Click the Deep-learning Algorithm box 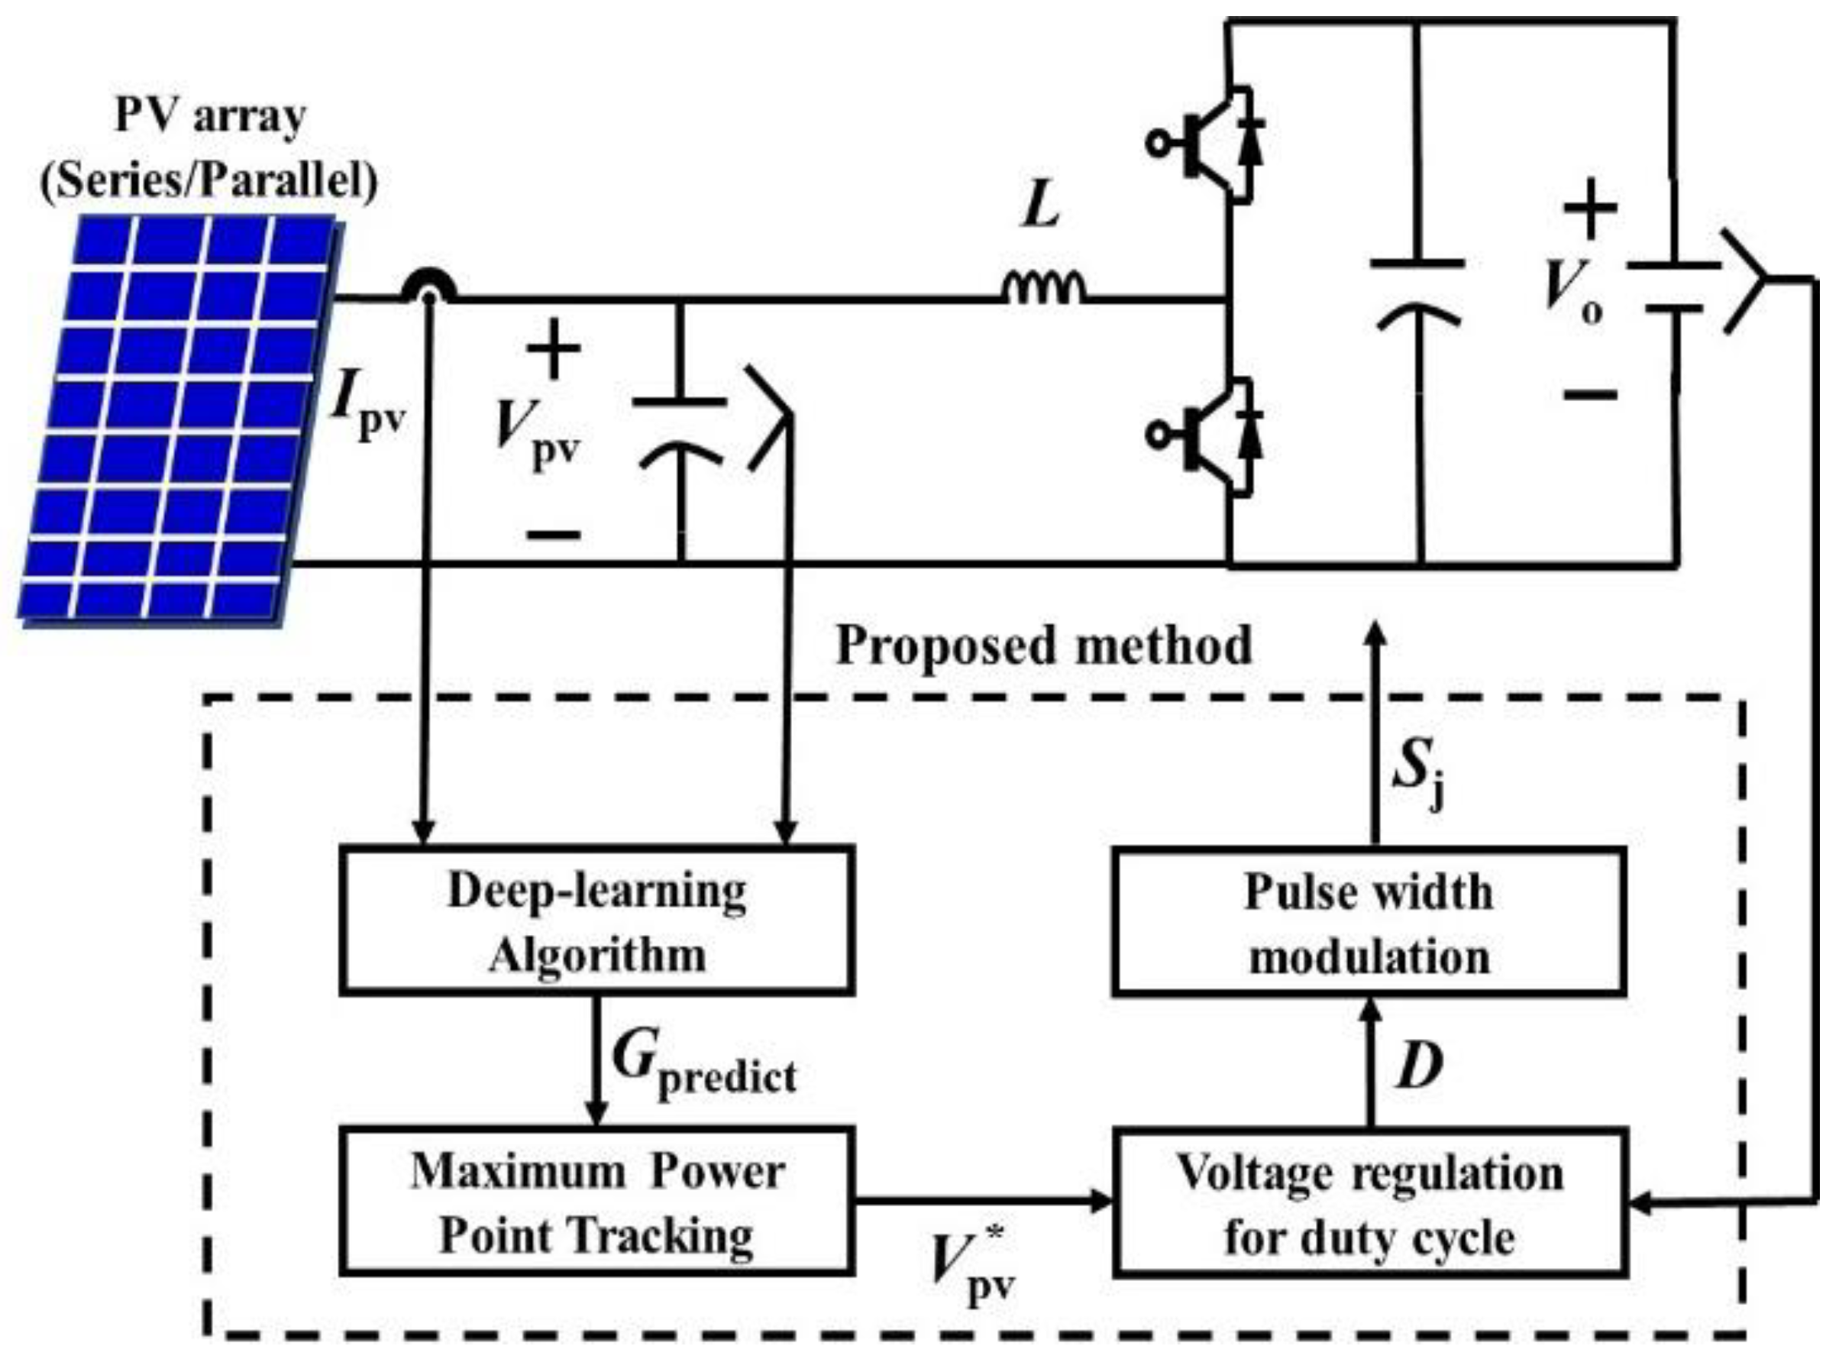pyautogui.click(x=596, y=921)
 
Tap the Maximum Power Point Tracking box pyautogui.click(x=596, y=1202)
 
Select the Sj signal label pyautogui.click(x=1418, y=778)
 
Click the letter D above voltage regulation pyautogui.click(x=1420, y=1066)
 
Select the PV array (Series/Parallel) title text pyautogui.click(x=209, y=148)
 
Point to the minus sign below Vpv pyautogui.click(x=554, y=536)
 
